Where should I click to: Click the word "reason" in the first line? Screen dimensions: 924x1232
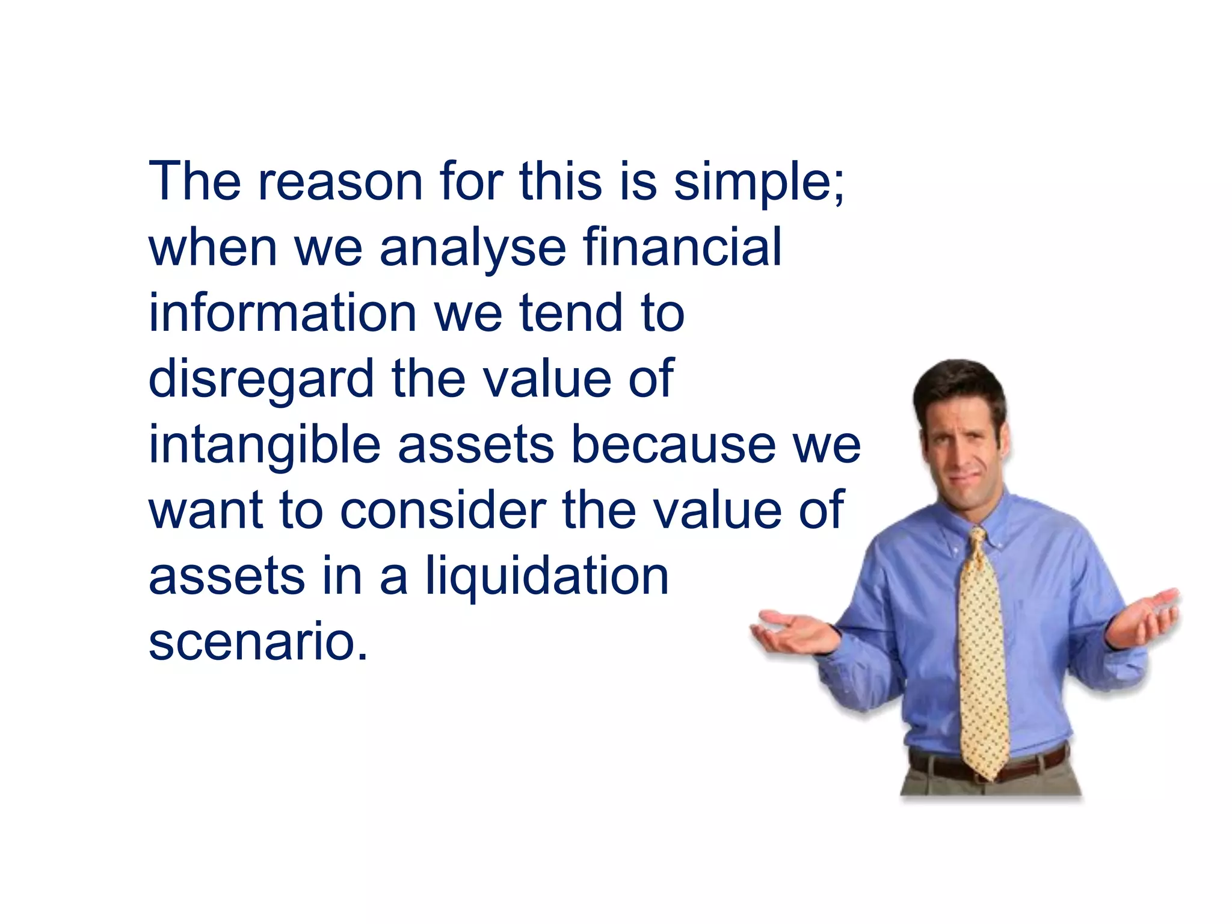coord(340,182)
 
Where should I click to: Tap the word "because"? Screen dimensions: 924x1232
coord(673,445)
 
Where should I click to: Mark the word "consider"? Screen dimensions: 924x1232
coord(442,511)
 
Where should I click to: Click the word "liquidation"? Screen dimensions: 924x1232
coord(547,577)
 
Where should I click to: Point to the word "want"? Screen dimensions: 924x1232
coord(205,511)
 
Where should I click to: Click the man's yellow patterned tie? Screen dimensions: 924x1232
coord(982,650)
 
